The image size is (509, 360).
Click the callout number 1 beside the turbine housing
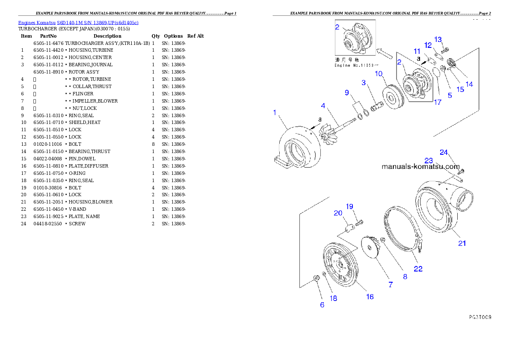coord(275,112)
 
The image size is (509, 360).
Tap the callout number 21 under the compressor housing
coord(462,243)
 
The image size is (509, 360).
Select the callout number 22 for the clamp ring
coord(418,269)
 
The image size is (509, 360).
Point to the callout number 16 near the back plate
coord(370,296)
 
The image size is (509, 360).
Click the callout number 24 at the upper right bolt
coord(444,152)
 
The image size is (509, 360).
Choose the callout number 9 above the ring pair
coord(347,92)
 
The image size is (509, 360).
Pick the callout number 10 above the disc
coord(379,74)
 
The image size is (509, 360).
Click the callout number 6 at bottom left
coord(322,305)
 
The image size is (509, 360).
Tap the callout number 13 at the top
coord(438,39)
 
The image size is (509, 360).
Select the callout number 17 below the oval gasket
coord(437,102)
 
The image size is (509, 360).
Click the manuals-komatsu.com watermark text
coord(420,166)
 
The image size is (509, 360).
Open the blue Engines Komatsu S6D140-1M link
coord(78,23)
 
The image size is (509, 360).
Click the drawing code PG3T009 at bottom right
coord(479,317)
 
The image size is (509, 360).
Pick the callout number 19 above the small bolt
coord(349,207)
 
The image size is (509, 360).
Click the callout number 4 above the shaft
coord(324,105)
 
